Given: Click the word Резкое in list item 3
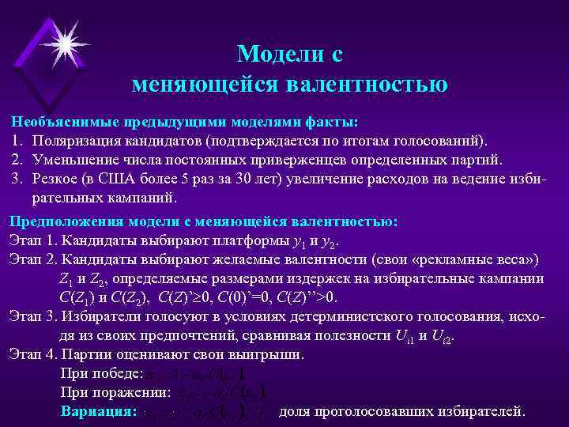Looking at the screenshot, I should (x=56, y=178).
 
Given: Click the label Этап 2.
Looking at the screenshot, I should (x=32, y=259).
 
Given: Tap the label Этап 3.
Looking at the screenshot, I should (x=32, y=317).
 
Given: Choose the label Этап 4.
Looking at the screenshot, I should (x=32, y=354).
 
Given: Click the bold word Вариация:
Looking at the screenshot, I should (x=99, y=411).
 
